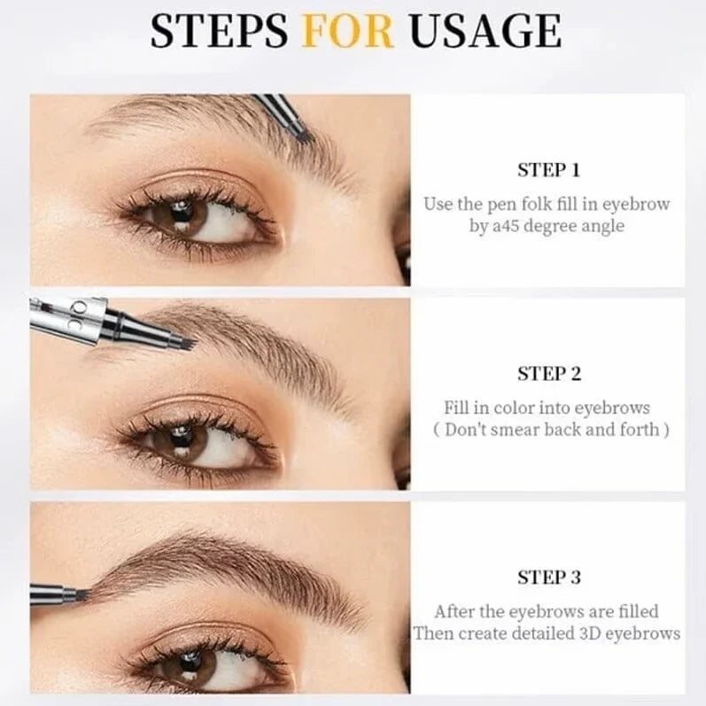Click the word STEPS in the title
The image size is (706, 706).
[x=219, y=32]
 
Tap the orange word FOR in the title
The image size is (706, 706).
[x=347, y=32]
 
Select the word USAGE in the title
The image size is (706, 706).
[x=483, y=32]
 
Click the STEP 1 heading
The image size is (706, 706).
[x=548, y=170]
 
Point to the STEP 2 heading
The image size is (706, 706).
[x=548, y=374]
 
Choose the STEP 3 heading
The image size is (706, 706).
[x=548, y=578]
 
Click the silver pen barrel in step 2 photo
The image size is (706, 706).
[x=66, y=319]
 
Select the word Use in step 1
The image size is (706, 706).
[x=438, y=205]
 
